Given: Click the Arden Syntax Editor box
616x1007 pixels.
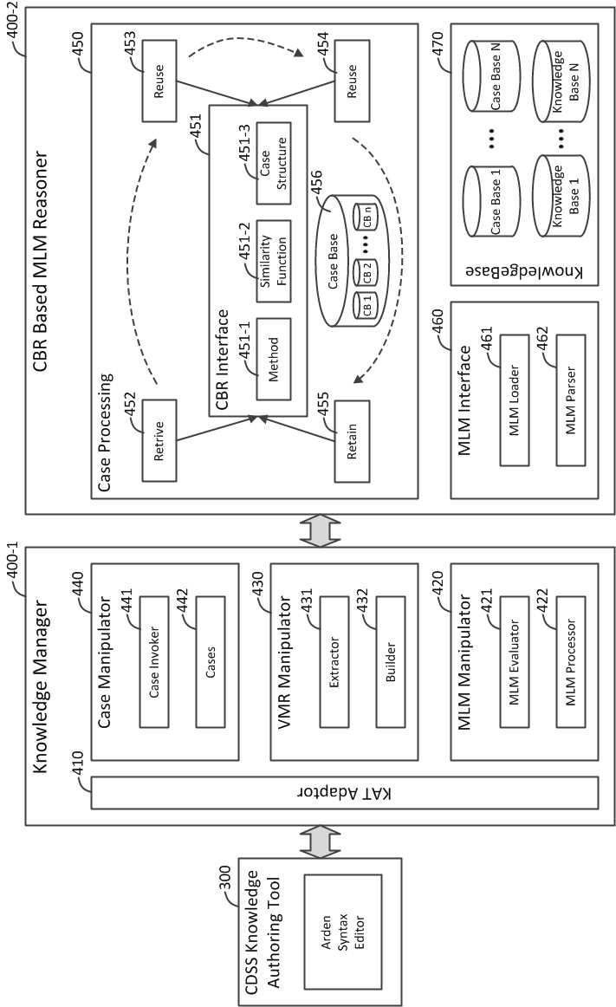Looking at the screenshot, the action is coord(343,932).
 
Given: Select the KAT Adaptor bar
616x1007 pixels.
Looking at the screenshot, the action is coord(344,792).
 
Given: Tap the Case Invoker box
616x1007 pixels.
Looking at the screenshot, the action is coord(154,662).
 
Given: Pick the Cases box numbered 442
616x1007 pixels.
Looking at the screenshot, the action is coord(210,662).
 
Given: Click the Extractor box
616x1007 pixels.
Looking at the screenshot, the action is coord(334,662).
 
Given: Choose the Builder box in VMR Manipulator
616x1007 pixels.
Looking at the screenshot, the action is coord(391,662).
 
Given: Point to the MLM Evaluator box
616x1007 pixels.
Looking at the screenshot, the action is coord(514,662).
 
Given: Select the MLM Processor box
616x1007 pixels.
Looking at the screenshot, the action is coord(570,662).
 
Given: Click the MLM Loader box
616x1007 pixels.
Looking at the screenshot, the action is coord(514,400).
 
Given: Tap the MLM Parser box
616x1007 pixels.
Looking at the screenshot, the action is coord(570,400).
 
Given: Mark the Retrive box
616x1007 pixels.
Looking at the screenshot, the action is coord(159,441).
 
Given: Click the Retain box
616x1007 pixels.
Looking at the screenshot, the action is coord(352,441).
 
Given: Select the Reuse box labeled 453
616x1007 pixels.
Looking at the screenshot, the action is coord(159,81).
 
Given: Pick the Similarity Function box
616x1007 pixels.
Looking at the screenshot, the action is coord(274,262).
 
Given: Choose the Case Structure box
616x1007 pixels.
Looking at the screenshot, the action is coord(274,164).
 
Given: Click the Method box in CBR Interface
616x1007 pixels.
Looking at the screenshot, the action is coord(274,359).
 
